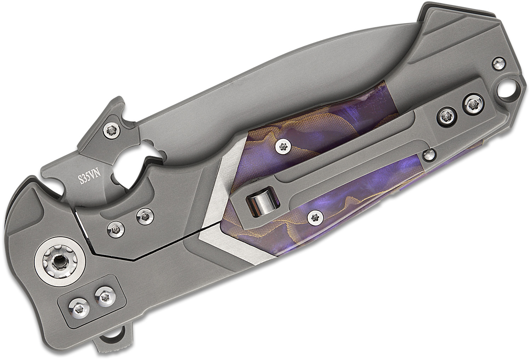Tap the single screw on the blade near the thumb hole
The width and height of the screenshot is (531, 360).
pyautogui.click(x=112, y=130)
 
